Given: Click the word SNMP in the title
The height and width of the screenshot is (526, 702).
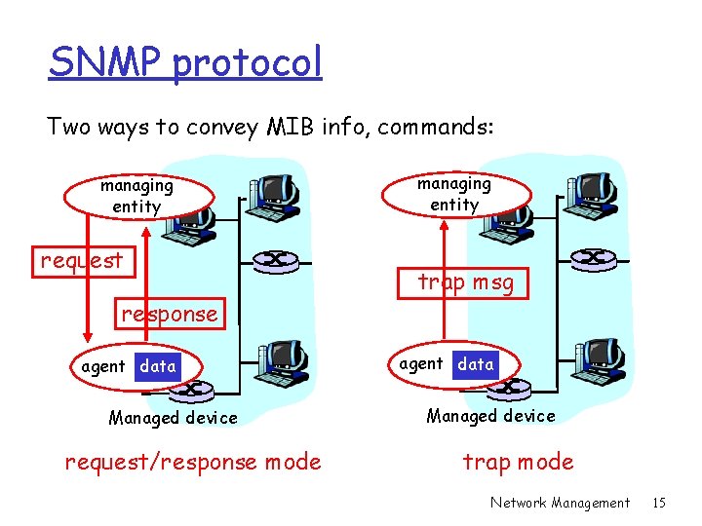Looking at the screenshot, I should click(105, 63).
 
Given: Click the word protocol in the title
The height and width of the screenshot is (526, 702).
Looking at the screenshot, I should click(248, 63).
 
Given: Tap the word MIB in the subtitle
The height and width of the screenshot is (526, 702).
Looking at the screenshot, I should click(291, 127).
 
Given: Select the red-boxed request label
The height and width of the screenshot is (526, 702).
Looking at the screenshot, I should click(82, 260).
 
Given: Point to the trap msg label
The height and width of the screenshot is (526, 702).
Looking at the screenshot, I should click(465, 282).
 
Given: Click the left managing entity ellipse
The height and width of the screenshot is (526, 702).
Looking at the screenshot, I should click(136, 196).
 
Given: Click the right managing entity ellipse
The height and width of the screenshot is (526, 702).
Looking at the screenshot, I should click(454, 194).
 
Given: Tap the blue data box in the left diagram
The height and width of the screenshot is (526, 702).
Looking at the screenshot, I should click(158, 366).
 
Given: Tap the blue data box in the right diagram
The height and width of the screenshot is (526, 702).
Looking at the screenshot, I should click(476, 363).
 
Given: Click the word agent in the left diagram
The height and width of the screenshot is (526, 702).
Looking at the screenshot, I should click(103, 367).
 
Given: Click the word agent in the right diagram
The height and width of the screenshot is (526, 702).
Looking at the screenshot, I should click(421, 363).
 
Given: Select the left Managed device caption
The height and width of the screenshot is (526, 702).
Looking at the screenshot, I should click(173, 418).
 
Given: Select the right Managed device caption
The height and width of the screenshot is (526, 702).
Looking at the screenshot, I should click(490, 416).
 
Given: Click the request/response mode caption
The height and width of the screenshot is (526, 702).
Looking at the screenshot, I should click(192, 462).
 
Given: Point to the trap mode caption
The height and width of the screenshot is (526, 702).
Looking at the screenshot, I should click(518, 462).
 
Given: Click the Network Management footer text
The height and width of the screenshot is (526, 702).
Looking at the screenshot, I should click(560, 503).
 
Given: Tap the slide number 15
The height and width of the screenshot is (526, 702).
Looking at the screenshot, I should click(658, 503).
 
